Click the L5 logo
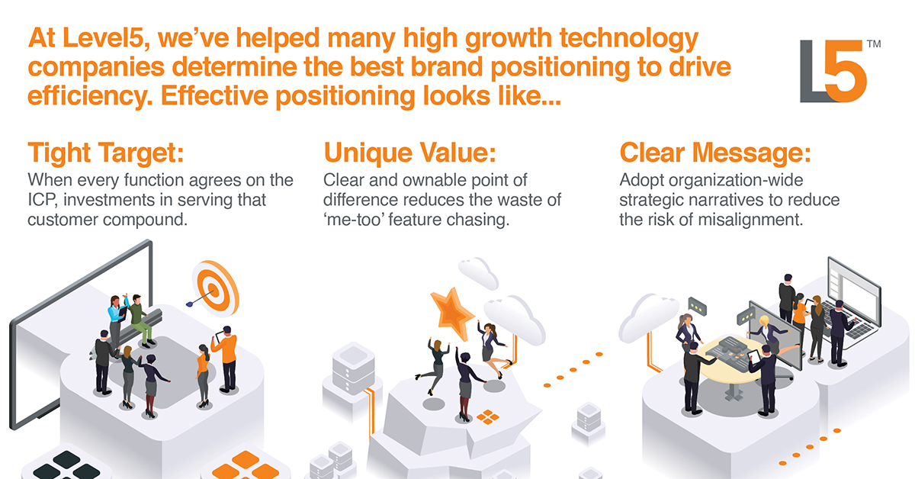833,71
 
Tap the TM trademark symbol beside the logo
874,43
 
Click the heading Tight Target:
106,153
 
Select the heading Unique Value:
409,153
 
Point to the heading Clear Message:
715,153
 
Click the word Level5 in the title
105,38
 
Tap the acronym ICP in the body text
42,200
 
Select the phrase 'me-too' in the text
353,220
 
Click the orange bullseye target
215,288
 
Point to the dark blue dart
199,298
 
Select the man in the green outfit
139,320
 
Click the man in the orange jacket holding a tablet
226,359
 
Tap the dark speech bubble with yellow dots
697,306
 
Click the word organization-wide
711,180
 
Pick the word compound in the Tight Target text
145,220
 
